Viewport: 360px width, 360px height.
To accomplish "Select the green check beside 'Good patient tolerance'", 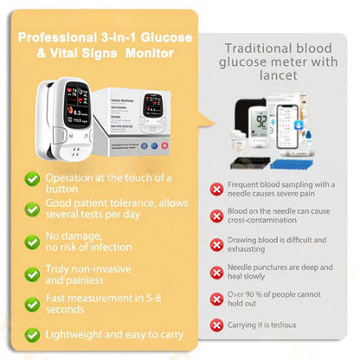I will [x=32, y=209].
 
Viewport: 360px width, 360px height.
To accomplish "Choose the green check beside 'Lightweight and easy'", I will [x=32, y=333].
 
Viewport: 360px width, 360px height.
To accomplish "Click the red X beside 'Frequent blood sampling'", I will [x=216, y=188].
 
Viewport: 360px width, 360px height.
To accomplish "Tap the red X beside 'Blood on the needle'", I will [x=216, y=217].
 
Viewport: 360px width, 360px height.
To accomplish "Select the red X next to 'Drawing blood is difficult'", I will [x=216, y=245].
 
